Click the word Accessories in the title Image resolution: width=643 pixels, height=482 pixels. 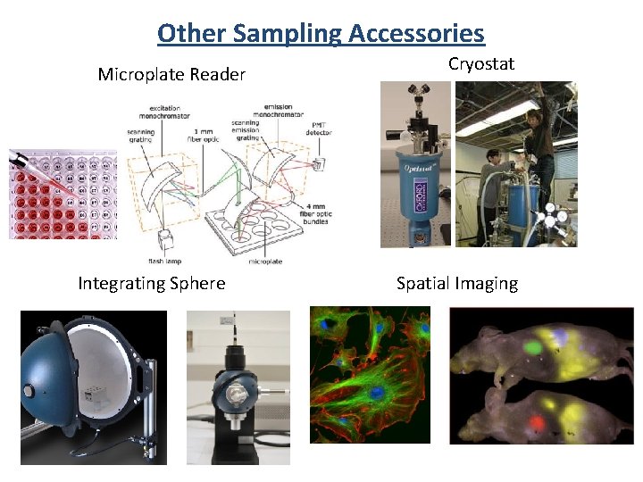pos(416,34)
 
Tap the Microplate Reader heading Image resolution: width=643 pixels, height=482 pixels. pos(171,75)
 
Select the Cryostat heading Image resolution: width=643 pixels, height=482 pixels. pos(481,64)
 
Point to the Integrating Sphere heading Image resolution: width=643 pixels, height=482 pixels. pos(152,284)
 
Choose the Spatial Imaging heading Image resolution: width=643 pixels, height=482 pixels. pos(457,284)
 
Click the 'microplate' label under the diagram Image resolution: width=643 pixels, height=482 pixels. pos(264,262)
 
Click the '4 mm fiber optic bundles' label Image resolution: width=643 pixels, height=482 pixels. pos(319,213)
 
